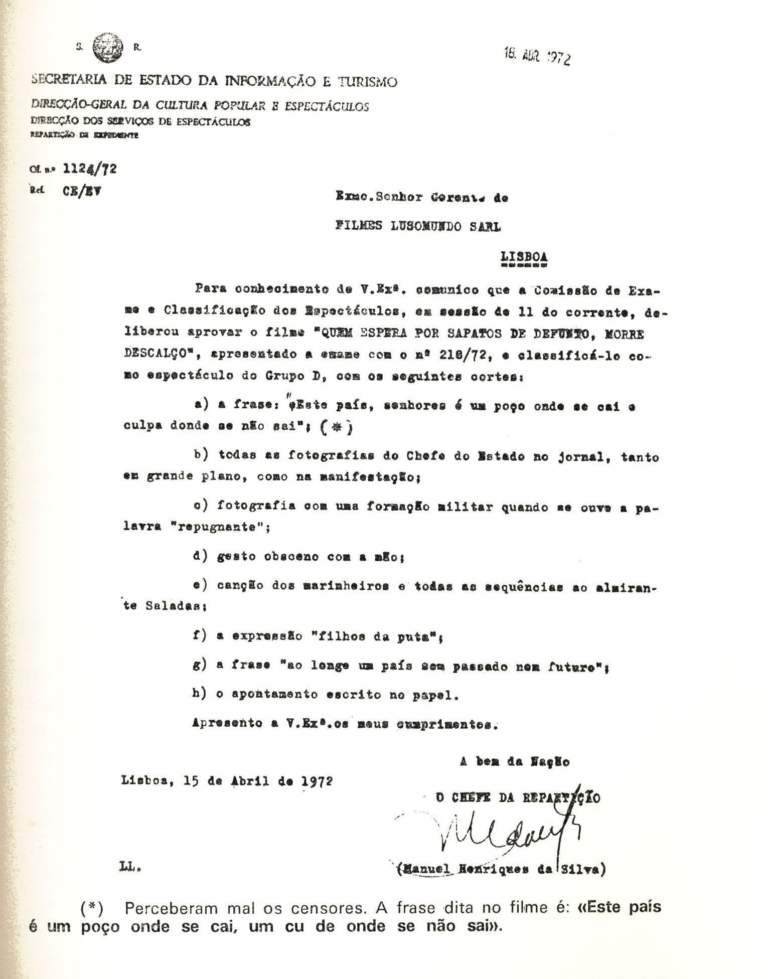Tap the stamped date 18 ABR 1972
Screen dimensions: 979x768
[x=537, y=57]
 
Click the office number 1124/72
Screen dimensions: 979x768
[x=90, y=169]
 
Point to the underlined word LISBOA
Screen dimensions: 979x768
[x=524, y=256]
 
